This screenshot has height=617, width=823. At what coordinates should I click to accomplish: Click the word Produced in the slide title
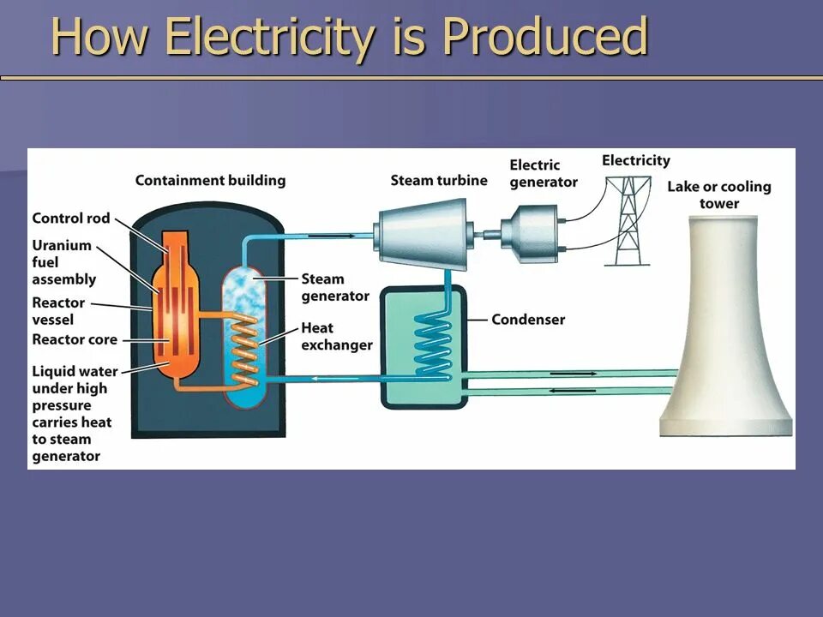pyautogui.click(x=545, y=38)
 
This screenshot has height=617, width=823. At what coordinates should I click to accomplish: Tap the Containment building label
pyautogui.click(x=210, y=181)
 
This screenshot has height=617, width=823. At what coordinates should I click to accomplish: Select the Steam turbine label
pyautogui.click(x=439, y=181)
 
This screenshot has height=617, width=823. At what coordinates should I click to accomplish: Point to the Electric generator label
pyautogui.click(x=544, y=173)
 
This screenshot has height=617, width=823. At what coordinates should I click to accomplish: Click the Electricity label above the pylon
pyautogui.click(x=635, y=160)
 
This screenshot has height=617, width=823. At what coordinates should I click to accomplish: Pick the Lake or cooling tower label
pyautogui.click(x=718, y=195)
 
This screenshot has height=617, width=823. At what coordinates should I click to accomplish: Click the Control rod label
pyautogui.click(x=71, y=219)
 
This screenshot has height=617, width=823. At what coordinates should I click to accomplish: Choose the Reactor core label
pyautogui.click(x=75, y=339)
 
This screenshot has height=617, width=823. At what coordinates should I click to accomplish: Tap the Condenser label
pyautogui.click(x=528, y=320)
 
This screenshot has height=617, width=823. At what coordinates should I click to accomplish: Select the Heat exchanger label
pyautogui.click(x=336, y=336)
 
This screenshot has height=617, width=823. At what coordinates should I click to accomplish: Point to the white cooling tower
pyautogui.click(x=724, y=343)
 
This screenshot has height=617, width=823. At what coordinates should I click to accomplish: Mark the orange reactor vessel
pyautogui.click(x=175, y=308)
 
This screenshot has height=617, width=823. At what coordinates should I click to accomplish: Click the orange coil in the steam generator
pyautogui.click(x=247, y=347)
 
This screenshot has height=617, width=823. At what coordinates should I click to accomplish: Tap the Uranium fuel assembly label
pyautogui.click(x=63, y=262)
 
